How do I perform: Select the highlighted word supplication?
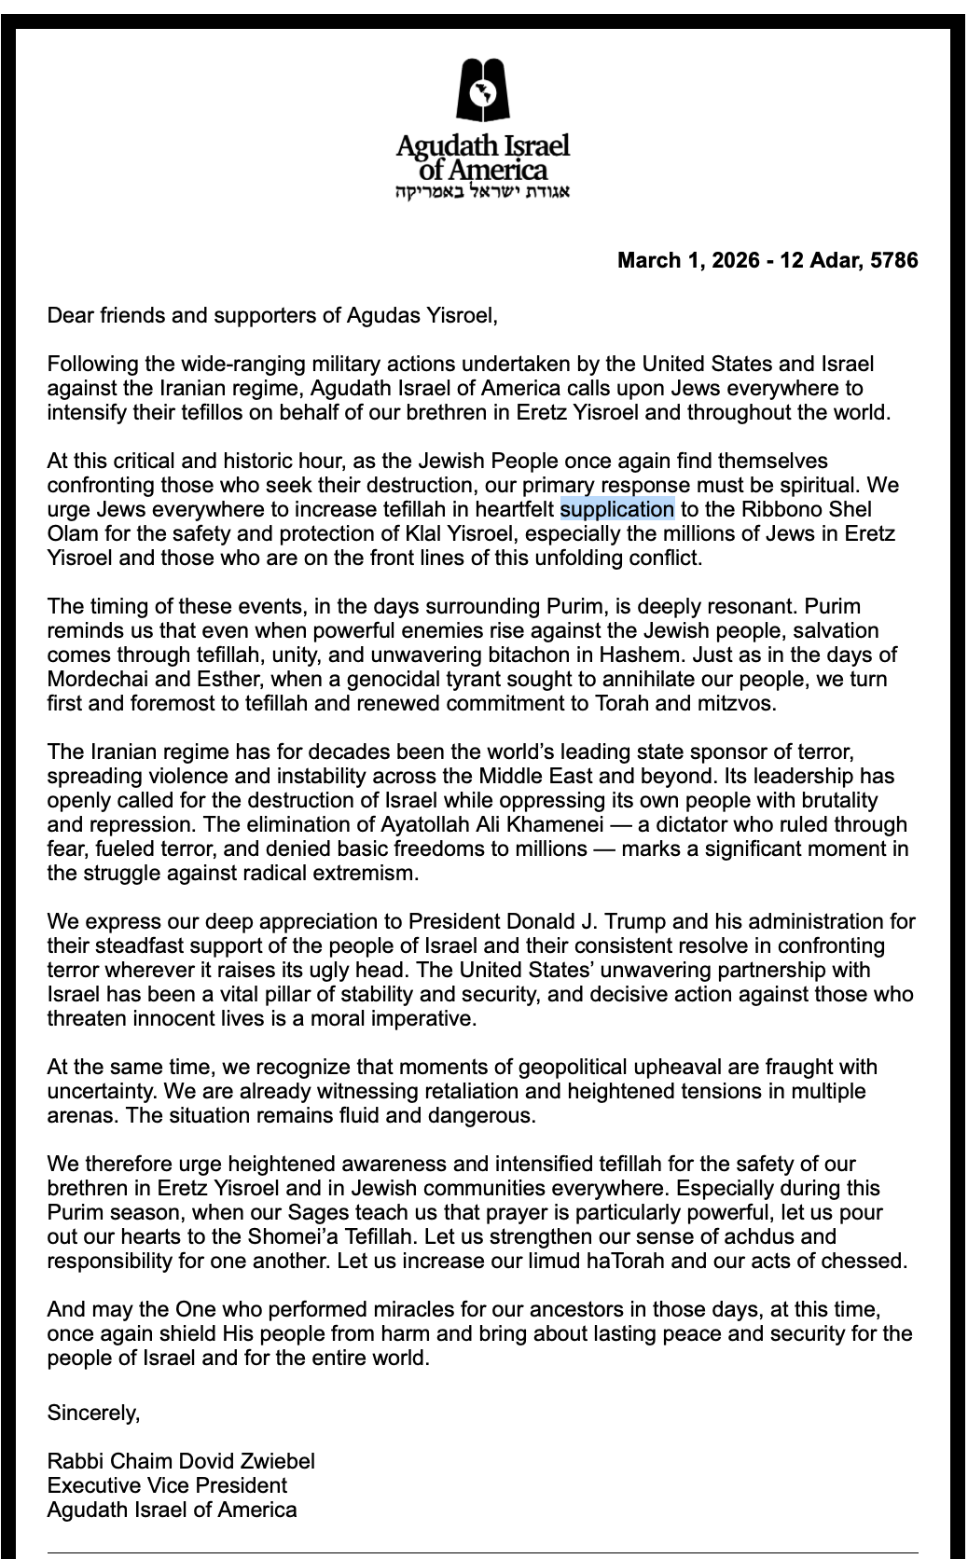tap(616, 509)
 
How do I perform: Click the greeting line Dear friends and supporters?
tap(272, 315)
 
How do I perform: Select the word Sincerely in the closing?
tap(93, 1414)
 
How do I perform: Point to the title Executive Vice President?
tap(167, 1485)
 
